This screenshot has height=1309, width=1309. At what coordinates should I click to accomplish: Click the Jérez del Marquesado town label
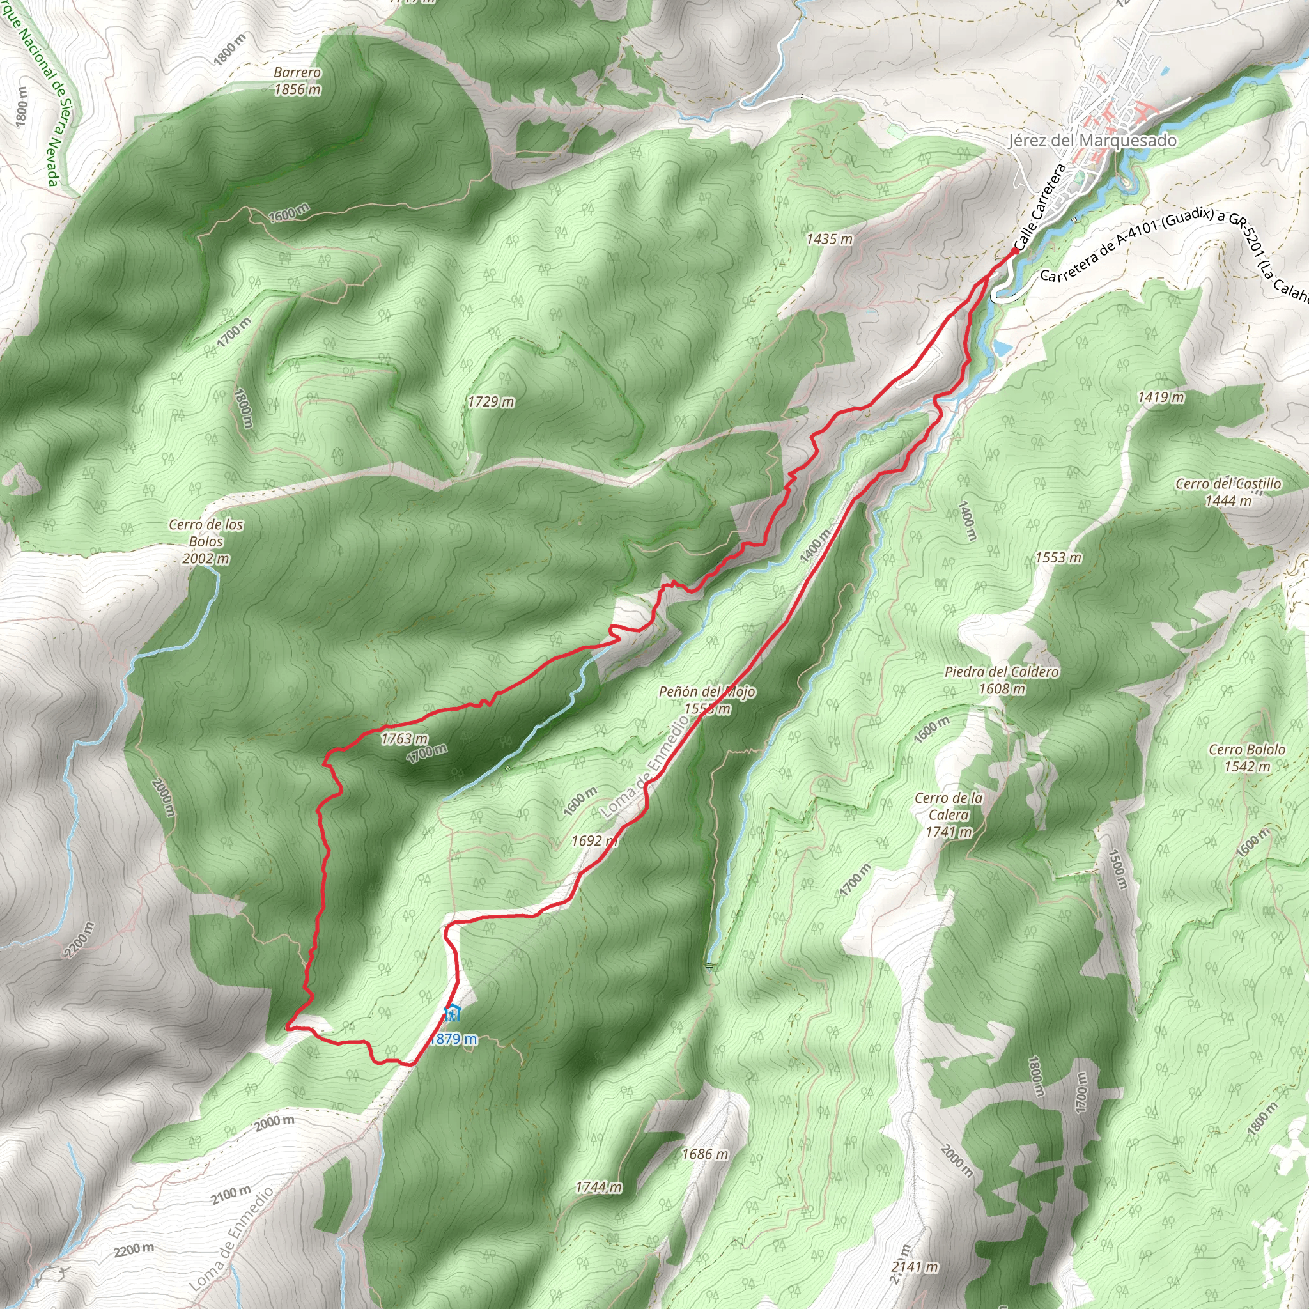[1092, 141]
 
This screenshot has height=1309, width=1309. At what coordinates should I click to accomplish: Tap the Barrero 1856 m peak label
[297, 81]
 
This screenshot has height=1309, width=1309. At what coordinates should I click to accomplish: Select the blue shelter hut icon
[452, 1014]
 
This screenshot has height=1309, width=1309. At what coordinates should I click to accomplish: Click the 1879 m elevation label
[453, 1039]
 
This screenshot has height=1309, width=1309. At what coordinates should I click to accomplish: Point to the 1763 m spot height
[404, 738]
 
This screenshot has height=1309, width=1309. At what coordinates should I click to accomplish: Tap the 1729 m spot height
[490, 402]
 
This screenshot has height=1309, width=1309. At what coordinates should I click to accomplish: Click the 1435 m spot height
[829, 238]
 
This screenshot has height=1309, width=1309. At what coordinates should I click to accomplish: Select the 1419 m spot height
[1161, 397]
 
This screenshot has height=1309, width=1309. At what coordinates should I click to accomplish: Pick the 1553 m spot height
[1058, 557]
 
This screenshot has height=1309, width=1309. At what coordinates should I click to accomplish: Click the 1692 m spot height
[594, 841]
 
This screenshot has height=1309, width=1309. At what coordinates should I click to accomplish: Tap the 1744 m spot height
[598, 1187]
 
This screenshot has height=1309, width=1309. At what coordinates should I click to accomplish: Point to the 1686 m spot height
[704, 1154]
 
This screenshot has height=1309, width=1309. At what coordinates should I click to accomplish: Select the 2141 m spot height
[915, 1266]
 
